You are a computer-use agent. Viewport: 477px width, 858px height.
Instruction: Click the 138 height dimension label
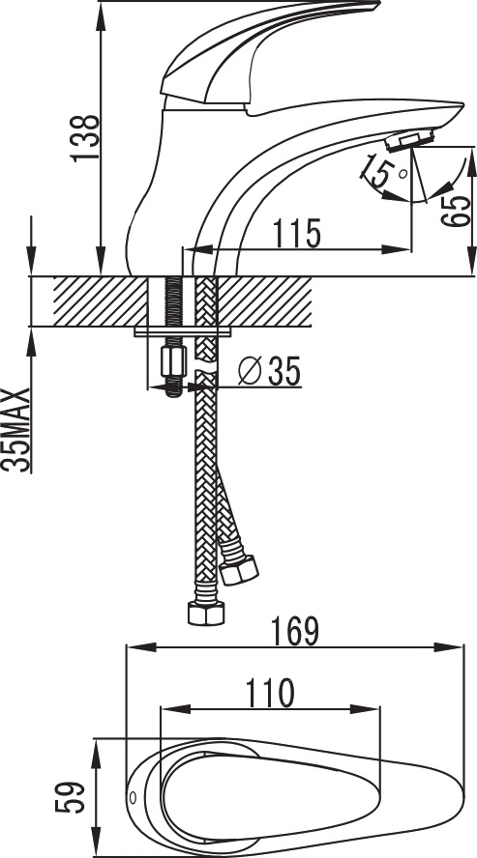coord(85,137)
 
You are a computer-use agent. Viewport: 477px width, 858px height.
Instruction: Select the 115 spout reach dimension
coord(296,233)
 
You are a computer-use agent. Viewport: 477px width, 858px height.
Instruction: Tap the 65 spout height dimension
coord(456,212)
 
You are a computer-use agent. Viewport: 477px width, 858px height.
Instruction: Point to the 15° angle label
coord(383,171)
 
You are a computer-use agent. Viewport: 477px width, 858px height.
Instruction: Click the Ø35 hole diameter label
coord(270,372)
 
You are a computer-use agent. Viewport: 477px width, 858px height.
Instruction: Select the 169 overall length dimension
coord(296,632)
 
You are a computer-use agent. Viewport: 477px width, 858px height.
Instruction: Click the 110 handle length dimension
coord(269,693)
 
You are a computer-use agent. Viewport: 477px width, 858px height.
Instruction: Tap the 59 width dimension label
coord(70,797)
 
